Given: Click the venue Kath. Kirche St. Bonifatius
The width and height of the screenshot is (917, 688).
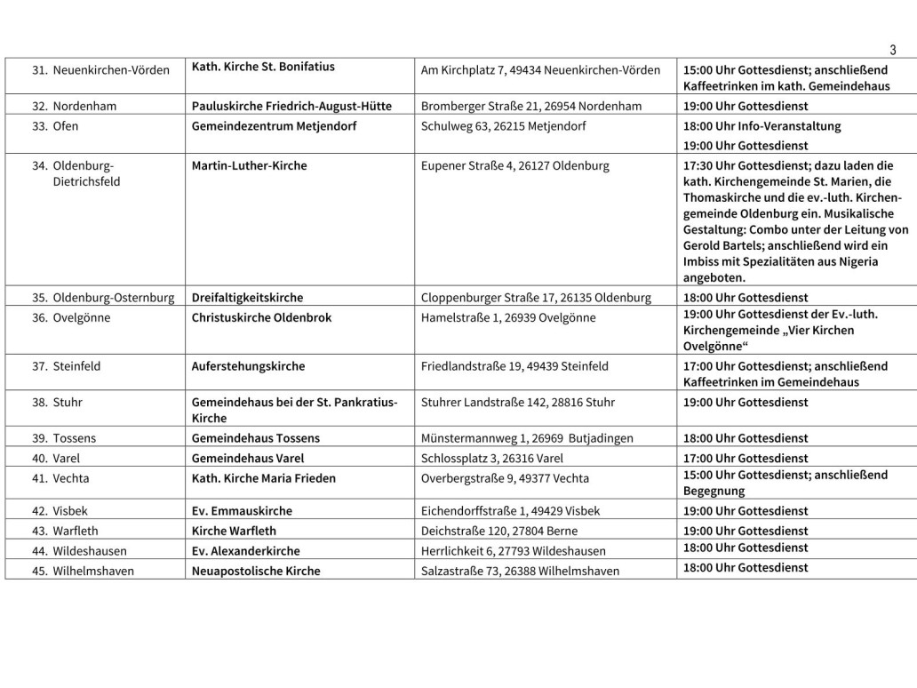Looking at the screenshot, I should pos(264,67).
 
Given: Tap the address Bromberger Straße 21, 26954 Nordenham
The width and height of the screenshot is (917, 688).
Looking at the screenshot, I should pos(531,106).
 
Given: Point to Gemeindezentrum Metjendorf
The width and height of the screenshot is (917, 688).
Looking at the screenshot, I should pos(274,126).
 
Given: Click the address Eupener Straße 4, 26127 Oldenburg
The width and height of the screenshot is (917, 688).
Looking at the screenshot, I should pos(515,165).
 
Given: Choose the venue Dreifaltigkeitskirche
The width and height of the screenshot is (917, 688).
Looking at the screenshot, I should pos(247,298).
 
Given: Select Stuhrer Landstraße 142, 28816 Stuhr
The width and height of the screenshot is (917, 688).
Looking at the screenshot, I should pos(517,402).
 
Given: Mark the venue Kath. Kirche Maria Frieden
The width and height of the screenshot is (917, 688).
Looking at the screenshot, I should pos(264,478).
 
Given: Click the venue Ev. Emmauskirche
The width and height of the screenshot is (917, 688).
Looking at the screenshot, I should pos(242,511).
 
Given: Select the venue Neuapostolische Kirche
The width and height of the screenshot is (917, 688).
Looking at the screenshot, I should pos(256,571).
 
